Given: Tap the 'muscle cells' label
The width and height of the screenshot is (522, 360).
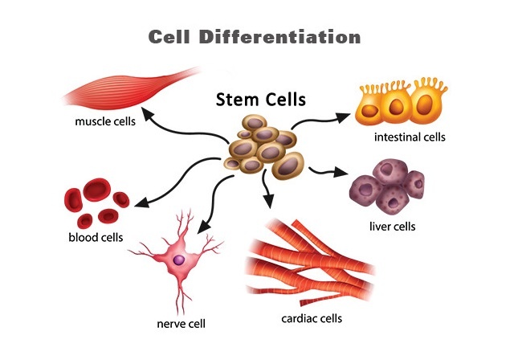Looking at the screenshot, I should click(x=105, y=122).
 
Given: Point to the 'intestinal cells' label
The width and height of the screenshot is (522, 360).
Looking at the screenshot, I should click(x=409, y=137).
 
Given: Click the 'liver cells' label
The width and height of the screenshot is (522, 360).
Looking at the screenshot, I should click(x=393, y=226).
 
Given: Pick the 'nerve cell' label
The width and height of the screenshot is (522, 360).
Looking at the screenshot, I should click(x=181, y=324).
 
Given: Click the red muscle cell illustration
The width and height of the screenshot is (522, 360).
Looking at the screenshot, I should click(x=120, y=90).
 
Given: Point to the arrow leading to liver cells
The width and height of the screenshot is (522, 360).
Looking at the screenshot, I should click(x=325, y=170).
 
